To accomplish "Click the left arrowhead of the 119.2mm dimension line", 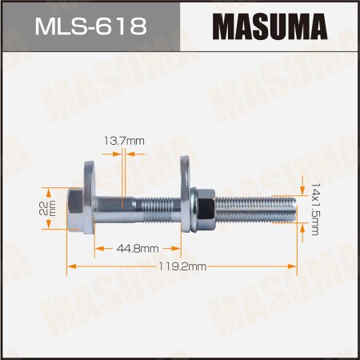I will click(70, 266).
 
